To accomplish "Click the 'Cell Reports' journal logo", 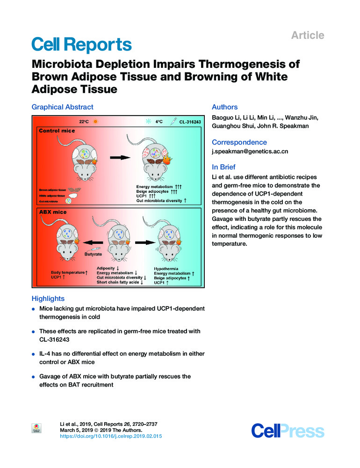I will tap(81, 45).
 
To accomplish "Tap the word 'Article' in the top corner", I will tap(308, 35).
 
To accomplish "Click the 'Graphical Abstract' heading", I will tap(62, 107).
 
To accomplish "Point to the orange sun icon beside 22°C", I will tap(96, 121).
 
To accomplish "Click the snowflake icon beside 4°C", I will tap(149, 121).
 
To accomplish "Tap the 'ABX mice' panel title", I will tap(53, 212).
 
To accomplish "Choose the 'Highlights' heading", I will tap(48, 299).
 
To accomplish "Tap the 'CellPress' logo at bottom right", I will tap(288, 431).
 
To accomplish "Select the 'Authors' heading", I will tap(224, 107).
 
